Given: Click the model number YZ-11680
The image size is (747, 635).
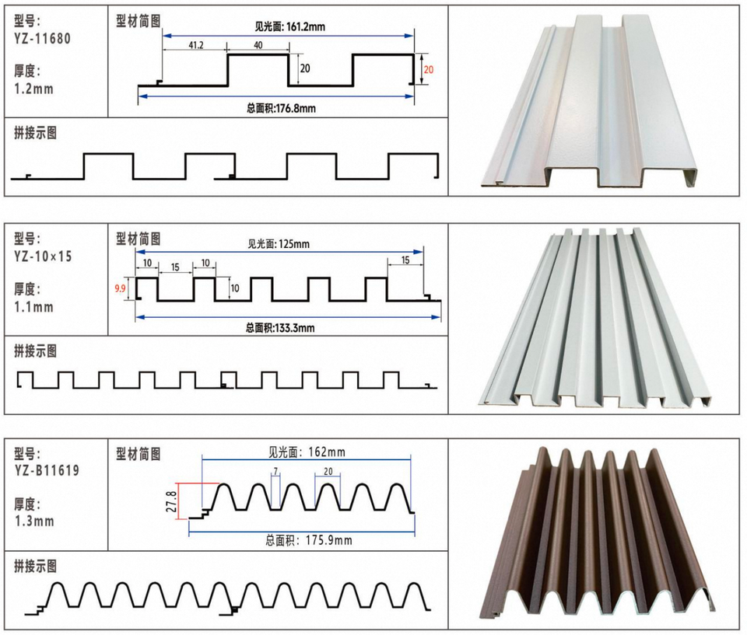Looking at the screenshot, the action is click(42, 39).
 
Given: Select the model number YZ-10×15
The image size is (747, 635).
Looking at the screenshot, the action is click(43, 256).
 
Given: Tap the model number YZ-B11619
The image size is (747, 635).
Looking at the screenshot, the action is click(47, 471).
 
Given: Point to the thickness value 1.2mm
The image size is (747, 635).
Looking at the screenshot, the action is click(33, 89).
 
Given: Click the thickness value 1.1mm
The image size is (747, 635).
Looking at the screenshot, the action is click(33, 307).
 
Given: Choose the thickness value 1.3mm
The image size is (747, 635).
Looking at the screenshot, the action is click(34, 522).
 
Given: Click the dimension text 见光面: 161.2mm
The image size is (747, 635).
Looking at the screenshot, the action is click(289, 26).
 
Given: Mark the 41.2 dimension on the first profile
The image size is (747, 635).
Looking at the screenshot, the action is click(196, 45).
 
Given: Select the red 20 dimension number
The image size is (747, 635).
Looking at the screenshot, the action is click(428, 69).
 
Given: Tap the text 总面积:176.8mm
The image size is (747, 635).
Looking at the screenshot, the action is click(281, 108).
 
